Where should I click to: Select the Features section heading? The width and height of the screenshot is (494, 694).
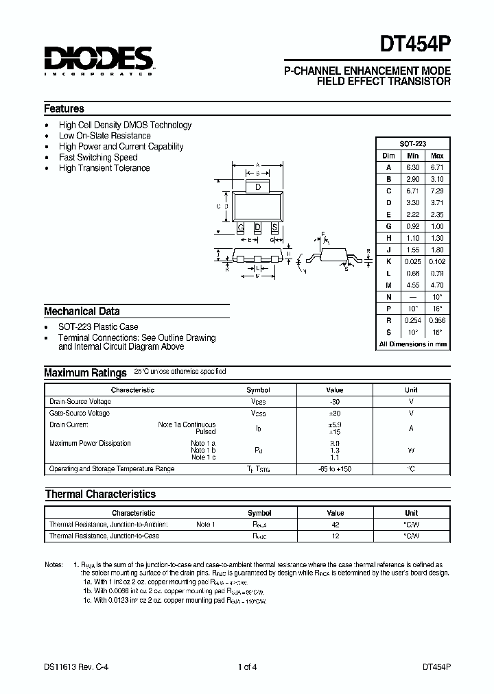pos(64,108)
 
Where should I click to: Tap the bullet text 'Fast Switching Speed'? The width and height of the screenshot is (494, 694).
pos(98,157)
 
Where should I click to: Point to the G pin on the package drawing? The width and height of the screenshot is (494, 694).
pos(241,227)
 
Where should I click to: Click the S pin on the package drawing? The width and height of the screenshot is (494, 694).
pos(274,227)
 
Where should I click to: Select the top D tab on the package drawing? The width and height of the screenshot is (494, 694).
pos(257,187)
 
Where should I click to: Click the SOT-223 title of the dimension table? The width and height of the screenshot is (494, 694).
pos(412,144)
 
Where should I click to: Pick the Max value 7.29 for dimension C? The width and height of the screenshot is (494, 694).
pos(436,190)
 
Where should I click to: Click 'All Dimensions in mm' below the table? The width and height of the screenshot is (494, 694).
pos(412,344)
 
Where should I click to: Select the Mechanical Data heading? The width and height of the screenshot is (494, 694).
pos(82,311)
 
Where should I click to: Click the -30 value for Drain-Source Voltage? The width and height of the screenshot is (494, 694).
pos(334,402)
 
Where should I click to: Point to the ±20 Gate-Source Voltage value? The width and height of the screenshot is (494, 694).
pos(334,414)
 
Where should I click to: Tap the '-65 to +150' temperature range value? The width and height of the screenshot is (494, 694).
pos(334,469)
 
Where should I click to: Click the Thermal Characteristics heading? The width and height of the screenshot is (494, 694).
pos(100,494)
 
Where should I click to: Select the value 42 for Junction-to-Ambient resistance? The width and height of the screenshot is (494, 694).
pos(335,525)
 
